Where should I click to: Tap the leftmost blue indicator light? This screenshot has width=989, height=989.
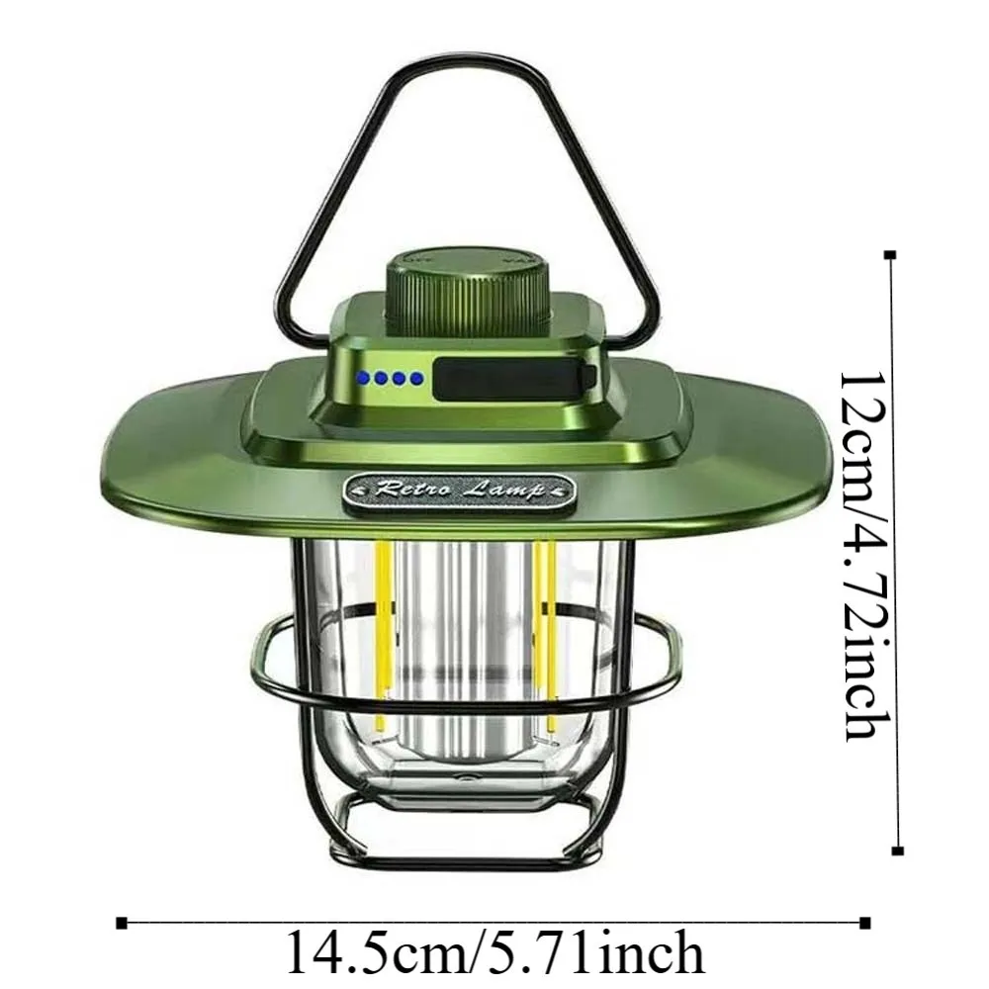tap(364, 378)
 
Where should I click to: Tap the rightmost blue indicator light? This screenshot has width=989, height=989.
tap(416, 378)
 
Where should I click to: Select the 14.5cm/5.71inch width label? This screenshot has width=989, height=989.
tap(495, 952)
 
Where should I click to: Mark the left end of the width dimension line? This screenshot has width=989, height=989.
tap(122, 923)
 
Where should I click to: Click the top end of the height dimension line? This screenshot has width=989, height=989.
tap(892, 255)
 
